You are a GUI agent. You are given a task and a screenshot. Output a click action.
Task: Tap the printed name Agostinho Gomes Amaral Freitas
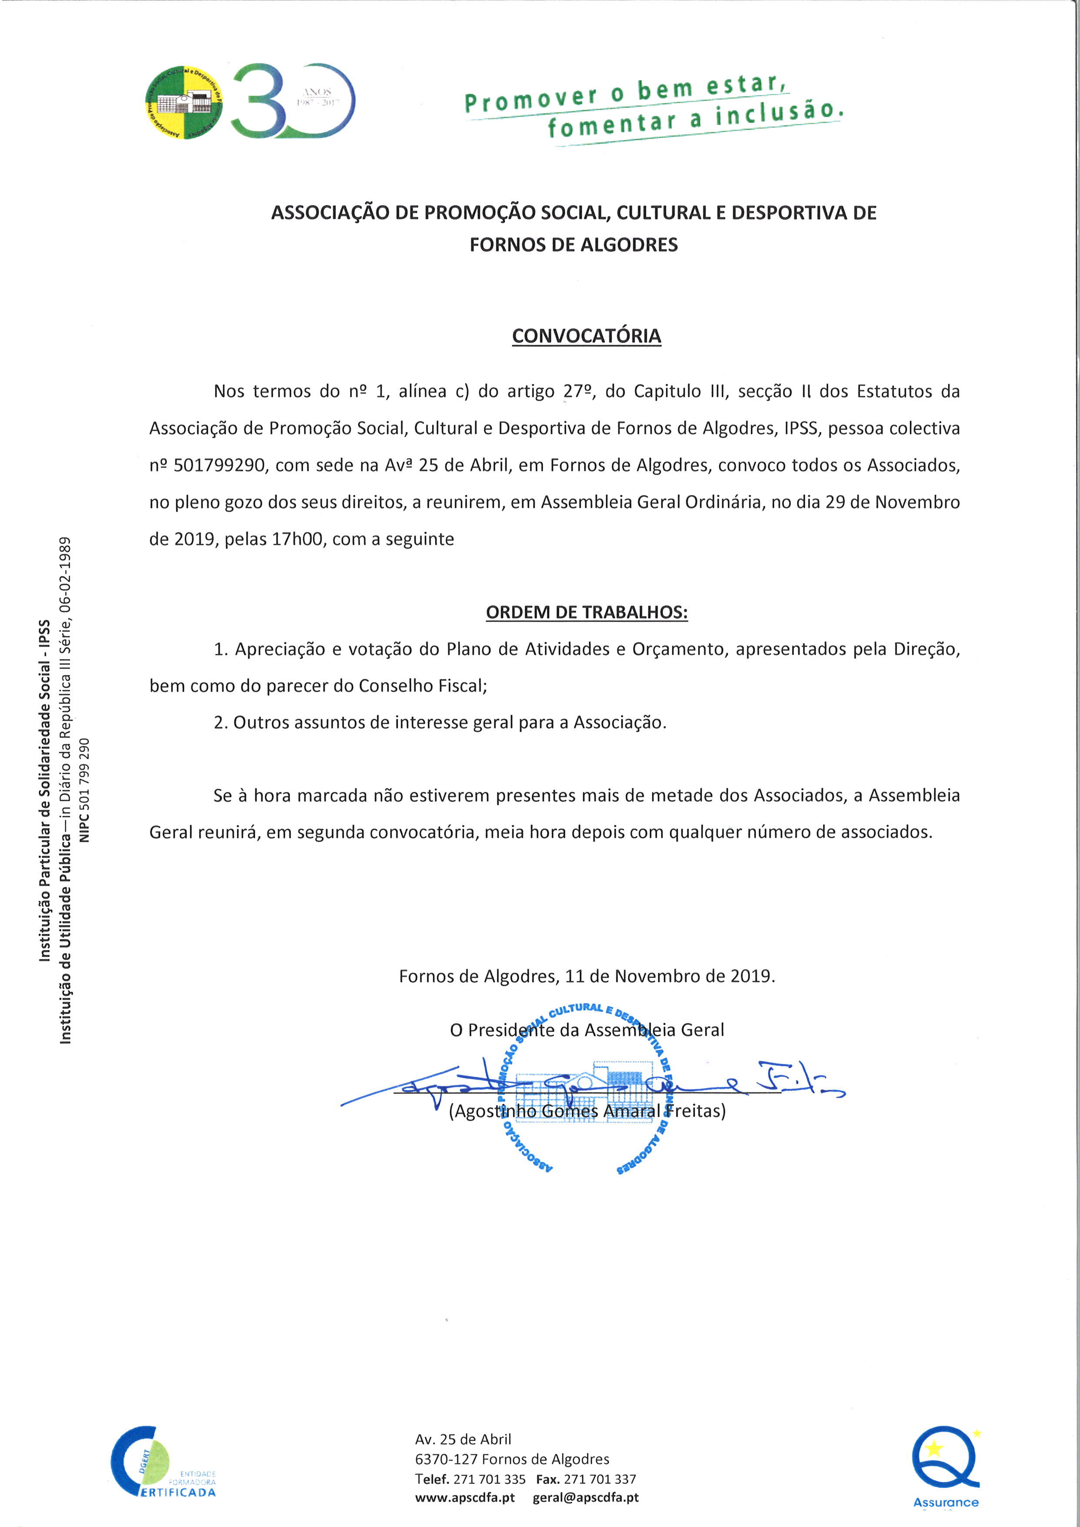587,1111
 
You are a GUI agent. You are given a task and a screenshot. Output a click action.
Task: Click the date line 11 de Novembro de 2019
669,976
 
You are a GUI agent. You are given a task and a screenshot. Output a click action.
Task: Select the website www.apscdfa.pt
464,1497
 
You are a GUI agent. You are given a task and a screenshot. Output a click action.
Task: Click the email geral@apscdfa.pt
585,1497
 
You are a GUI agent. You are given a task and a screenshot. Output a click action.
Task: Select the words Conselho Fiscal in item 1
422,686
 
